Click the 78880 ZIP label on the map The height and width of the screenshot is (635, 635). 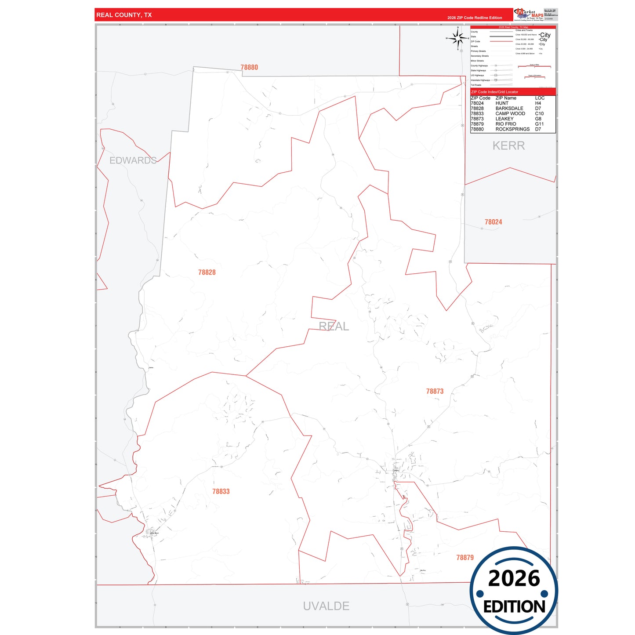[x=249, y=67]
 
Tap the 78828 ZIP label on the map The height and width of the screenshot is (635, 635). [x=207, y=272]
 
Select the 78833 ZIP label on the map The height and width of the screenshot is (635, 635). [x=221, y=491]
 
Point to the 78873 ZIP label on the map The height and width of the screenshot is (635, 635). [x=435, y=391]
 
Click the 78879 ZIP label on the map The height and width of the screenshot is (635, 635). [x=465, y=557]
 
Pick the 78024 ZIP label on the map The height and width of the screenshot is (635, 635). [x=493, y=222]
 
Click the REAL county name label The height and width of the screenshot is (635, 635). [x=334, y=326]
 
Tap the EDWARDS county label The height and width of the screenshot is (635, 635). [x=133, y=160]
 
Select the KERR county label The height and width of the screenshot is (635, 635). [x=508, y=145]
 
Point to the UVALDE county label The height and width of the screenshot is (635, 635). [x=326, y=606]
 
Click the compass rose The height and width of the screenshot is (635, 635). [x=458, y=39]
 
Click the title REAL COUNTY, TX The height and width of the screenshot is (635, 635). [x=124, y=15]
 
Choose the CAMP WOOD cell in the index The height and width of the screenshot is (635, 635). [x=510, y=113]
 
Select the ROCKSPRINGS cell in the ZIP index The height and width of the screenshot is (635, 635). [x=512, y=129]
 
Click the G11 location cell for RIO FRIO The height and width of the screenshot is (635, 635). [x=539, y=124]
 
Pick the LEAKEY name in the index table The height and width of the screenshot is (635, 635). [x=504, y=119]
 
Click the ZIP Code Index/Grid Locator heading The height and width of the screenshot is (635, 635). [x=494, y=92]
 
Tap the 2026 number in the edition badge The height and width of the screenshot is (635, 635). [x=514, y=578]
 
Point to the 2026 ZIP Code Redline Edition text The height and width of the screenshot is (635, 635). [x=475, y=18]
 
